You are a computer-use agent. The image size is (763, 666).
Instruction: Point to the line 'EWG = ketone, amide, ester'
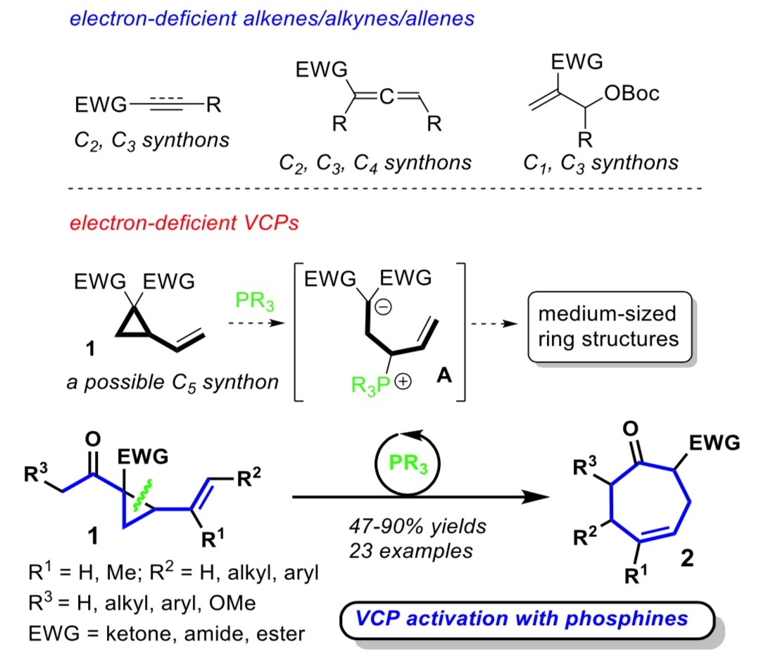pyautogui.click(x=168, y=634)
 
